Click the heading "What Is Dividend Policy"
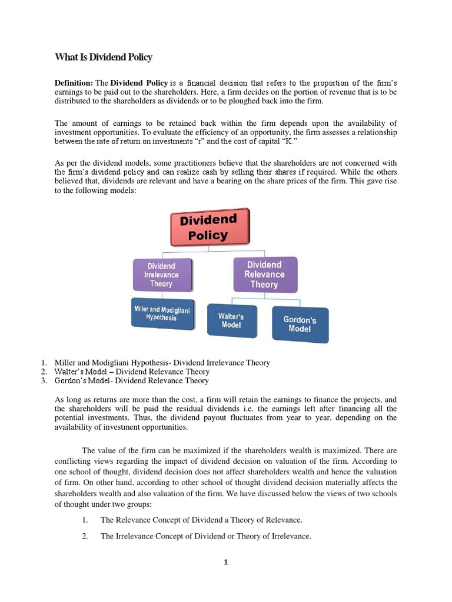103,57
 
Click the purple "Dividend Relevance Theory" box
264,275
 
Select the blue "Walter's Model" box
231,320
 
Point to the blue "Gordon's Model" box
300,325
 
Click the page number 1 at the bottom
225,562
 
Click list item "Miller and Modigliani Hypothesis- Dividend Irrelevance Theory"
162,363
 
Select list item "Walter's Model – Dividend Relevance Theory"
131,372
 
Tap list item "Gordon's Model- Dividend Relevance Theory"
131,380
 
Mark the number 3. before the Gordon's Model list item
44,380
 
